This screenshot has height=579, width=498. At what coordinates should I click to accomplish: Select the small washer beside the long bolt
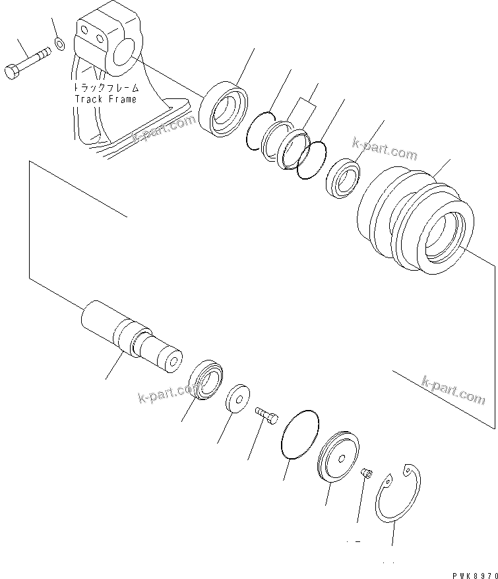[59, 44]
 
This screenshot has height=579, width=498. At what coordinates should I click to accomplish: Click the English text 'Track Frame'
[105, 99]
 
